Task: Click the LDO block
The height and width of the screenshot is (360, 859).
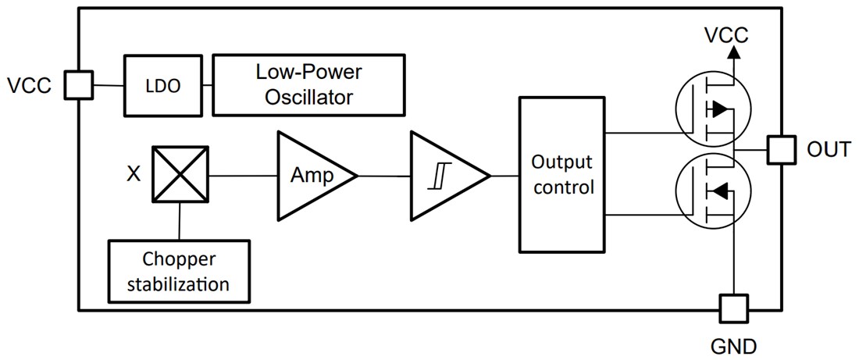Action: [x=162, y=85]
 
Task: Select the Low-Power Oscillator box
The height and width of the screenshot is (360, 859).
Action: [x=308, y=84]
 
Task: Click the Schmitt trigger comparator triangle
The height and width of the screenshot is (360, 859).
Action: [x=445, y=175]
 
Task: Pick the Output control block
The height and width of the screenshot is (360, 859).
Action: [x=561, y=175]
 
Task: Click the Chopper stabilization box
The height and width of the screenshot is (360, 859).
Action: [x=179, y=271]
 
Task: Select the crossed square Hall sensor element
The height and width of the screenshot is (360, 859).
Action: [x=180, y=174]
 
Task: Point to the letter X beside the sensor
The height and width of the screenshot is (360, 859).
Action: [x=134, y=174]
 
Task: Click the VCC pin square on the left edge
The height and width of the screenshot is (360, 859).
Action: [x=77, y=85]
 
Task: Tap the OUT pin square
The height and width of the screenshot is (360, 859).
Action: [x=781, y=149]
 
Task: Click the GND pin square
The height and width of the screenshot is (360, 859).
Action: [x=733, y=308]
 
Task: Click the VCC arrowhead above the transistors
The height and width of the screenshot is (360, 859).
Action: [x=733, y=52]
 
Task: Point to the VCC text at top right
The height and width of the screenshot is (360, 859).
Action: [x=726, y=35]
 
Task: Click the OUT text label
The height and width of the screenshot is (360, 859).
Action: [x=828, y=149]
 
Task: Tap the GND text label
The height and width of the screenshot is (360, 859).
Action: [x=732, y=344]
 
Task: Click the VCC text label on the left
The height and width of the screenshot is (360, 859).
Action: [x=29, y=85]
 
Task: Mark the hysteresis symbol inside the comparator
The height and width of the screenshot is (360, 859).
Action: [x=436, y=175]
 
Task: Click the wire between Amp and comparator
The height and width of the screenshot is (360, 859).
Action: [x=384, y=175]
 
